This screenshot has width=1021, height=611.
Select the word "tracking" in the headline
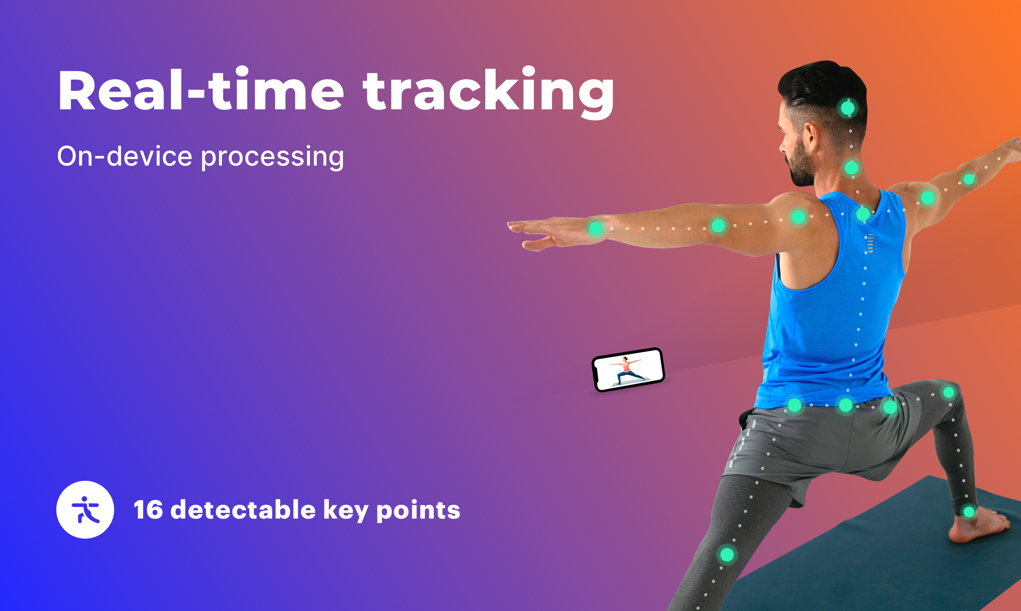pos(489,93)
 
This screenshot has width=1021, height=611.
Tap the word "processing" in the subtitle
pos(272,157)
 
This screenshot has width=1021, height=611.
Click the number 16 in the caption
pos(148,510)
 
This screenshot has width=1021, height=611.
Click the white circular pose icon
pos(85,510)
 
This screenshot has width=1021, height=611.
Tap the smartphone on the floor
pos(628,369)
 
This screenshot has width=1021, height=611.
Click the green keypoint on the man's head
pos(848,108)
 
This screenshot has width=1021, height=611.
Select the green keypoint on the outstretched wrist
pos(596,228)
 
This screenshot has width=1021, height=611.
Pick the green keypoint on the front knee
pos(727,555)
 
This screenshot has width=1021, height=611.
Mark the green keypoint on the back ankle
pos(969,512)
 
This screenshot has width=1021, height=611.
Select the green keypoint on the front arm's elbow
pos(718,226)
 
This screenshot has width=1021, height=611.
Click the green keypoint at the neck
pos(851,168)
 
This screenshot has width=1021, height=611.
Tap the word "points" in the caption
pos(418,511)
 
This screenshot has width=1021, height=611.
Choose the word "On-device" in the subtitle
pos(125,156)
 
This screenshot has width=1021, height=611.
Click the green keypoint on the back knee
pos(949,392)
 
